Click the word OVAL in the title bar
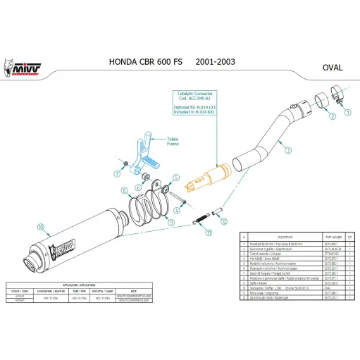tap(332, 69)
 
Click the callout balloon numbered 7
tap(116, 171)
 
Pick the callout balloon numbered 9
tap(169, 223)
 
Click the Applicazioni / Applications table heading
tap(77, 278)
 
